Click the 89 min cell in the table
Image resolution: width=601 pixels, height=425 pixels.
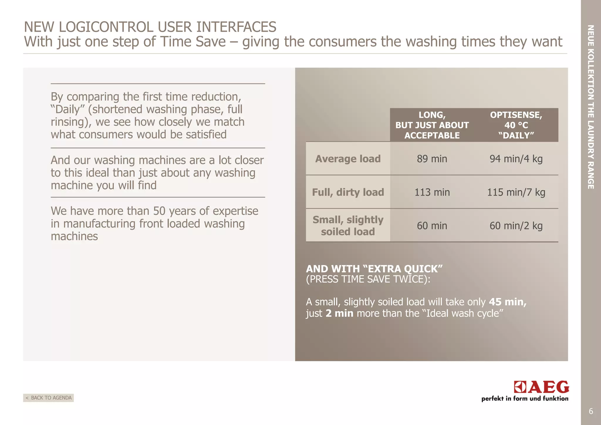point(432,159)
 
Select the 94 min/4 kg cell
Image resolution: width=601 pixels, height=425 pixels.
point(516,159)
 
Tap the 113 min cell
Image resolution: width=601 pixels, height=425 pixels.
point(432,192)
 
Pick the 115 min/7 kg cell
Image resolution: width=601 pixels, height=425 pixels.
point(516,192)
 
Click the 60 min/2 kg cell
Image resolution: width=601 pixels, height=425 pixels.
point(516,226)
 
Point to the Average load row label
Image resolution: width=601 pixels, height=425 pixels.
point(348,159)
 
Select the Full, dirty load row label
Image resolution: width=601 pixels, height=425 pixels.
point(348,192)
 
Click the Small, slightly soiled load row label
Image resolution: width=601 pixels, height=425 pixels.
point(348,225)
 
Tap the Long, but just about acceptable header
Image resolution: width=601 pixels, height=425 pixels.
point(432,125)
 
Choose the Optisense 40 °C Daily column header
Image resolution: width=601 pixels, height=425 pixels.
point(516,125)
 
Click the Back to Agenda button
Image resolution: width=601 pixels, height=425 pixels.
point(48,398)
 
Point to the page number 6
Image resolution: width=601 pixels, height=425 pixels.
point(591,411)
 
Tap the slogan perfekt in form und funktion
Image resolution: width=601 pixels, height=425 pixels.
point(525,399)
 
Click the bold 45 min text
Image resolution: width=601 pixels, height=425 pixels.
point(507,302)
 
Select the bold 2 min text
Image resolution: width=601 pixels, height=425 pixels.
point(339,313)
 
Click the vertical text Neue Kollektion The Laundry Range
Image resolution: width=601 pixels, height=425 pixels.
point(591,107)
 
